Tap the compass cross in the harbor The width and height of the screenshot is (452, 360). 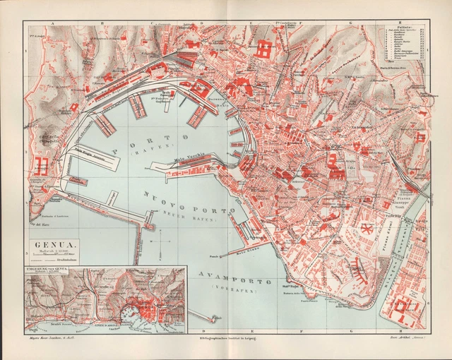pos(162,247)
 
